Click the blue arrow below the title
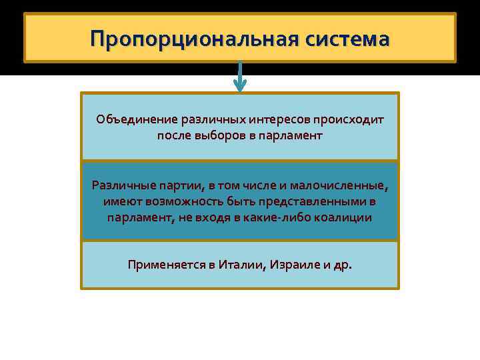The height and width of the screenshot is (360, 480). [239, 77]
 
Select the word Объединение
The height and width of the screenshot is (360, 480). [137, 120]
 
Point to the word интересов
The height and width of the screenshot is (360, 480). [280, 120]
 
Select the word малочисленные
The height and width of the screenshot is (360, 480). [343, 185]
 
